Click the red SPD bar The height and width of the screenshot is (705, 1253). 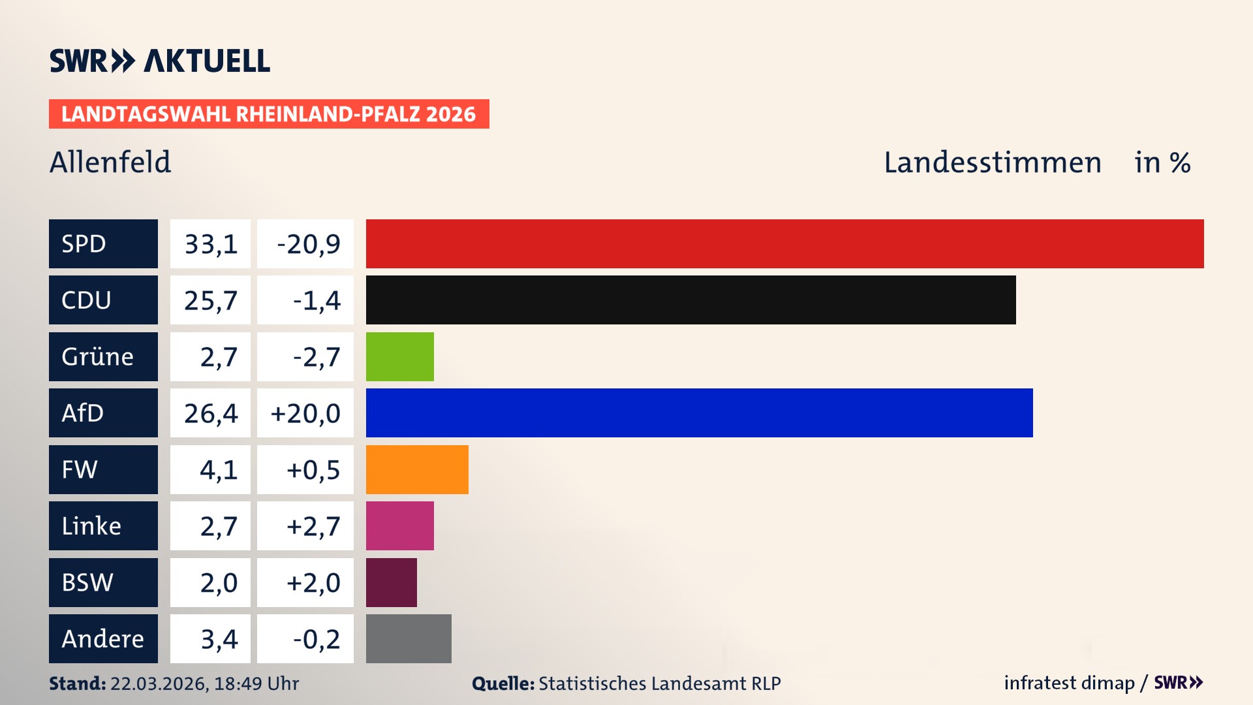pos(784,243)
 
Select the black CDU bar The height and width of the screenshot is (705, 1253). pos(690,300)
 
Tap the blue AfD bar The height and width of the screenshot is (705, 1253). pos(699,413)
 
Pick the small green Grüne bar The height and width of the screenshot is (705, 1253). pos(399,356)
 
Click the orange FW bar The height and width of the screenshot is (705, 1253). pos(417,469)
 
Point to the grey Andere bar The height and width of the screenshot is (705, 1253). pos(409,638)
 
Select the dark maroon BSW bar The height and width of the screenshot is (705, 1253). pos(391,582)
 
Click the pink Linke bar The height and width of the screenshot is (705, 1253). pos(399,525)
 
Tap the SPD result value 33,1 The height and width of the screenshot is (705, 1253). pos(210,243)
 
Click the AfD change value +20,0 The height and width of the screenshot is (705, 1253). pos(305,413)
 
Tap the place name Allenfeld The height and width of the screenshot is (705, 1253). pos(110,162)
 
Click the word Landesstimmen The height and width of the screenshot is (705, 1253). pos(992,162)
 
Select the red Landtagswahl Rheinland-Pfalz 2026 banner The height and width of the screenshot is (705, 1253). pos(269,114)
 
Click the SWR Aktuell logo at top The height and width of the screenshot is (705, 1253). pos(160,61)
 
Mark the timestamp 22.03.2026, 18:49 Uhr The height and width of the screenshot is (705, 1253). pos(204,683)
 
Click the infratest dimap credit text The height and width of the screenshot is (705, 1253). pos(1069,683)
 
